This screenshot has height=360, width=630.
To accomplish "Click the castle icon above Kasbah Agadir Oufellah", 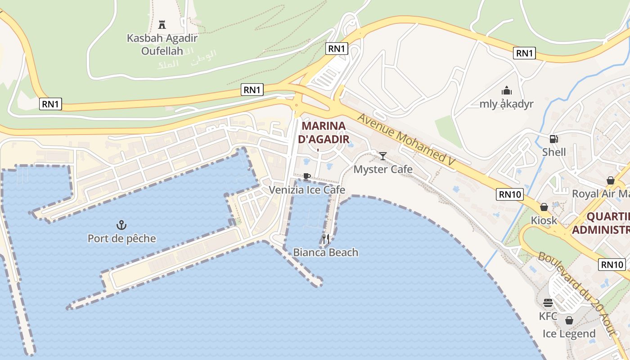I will coord(162,24).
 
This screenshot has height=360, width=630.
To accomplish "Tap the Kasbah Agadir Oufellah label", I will coord(162,45).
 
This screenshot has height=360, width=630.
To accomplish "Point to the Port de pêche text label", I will coord(121,238).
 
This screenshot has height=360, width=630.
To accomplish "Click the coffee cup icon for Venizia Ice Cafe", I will coord(307,176).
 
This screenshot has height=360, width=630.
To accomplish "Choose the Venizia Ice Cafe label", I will coord(307,190).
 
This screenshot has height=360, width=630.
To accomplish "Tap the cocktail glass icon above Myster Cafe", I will coord(383,156).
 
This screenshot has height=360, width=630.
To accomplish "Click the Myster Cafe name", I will coord(383,169).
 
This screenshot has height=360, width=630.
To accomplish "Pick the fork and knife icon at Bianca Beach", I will coord(326,238).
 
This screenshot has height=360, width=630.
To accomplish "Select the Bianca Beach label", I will coord(326,252).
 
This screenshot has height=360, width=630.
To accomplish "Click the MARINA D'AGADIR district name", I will coord(324,132).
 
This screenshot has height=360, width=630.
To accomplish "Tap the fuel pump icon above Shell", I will coord(553,139).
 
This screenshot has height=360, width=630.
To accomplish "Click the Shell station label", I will coord(553,152).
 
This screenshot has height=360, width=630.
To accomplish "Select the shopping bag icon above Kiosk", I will coord(544,207).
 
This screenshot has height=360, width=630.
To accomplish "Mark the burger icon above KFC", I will coord(548,302).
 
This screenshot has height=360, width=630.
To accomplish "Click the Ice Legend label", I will coord(569,334).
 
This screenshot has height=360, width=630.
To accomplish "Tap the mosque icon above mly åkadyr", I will coord(507,90).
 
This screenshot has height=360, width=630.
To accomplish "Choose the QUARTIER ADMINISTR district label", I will coord(601,223).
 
